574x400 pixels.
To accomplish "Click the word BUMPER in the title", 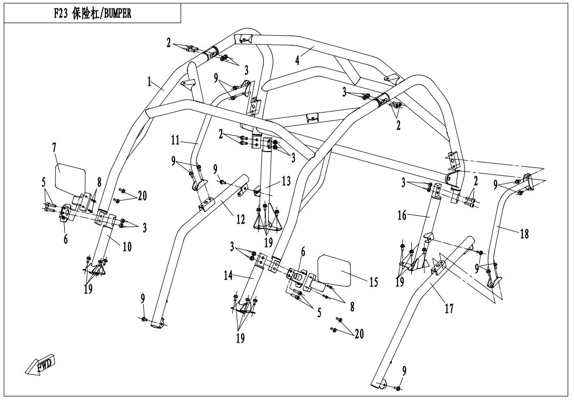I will tap(115, 14).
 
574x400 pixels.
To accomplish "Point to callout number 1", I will tap(150, 82).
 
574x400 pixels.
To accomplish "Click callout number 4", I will tap(297, 59).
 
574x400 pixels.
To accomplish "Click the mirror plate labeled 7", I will tap(72, 174).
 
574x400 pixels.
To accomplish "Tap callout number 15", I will tap(373, 283).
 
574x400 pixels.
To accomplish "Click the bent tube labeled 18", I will tap(499, 232).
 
